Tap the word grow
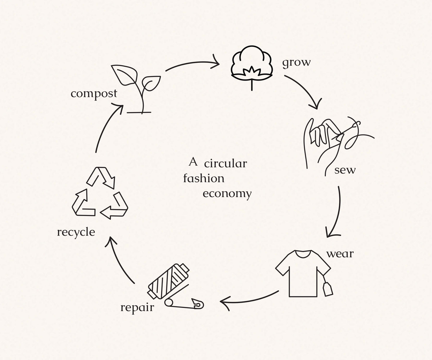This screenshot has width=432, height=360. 296,62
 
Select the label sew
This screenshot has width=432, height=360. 345,170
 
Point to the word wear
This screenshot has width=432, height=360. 340,254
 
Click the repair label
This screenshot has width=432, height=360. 137,308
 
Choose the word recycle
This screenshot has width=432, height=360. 76,232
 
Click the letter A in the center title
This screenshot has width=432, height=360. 193,162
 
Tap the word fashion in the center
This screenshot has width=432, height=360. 204,179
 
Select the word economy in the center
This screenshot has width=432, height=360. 227,194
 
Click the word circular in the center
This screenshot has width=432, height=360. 226,164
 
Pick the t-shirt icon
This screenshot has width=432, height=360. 302,272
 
